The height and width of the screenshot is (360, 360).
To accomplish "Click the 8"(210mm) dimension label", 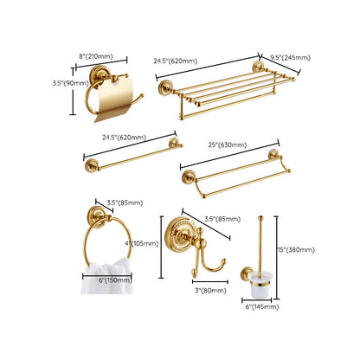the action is point(96,56).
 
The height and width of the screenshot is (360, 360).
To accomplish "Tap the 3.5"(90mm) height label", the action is point(70,83).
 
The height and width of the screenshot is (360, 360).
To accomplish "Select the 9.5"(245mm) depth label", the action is point(290,57).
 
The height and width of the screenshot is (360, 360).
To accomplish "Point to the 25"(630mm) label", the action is point(228,145).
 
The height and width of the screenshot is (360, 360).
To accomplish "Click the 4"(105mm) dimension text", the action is point(142,244).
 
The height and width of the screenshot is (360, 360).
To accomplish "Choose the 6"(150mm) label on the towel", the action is point(115,280).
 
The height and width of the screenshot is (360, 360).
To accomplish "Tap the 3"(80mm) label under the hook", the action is point(210,291).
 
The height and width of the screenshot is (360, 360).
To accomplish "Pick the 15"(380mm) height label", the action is point(296,250).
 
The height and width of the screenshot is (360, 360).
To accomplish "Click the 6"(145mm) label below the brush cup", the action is point(262,307).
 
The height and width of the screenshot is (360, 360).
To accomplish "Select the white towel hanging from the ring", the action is point(107,276).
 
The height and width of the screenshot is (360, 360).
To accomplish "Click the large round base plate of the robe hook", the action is point(177,235).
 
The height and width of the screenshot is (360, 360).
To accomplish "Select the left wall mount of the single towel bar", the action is point(92,165).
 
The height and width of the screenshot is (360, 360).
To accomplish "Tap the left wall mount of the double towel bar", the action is point(189,177).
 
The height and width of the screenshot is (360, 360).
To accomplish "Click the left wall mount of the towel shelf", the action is point(165,87).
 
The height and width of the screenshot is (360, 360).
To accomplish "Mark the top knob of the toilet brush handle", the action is point(260,218).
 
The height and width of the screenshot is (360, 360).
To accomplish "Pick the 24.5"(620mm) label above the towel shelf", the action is point(176,61).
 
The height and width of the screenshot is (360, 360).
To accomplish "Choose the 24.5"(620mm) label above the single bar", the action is point(124,138).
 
